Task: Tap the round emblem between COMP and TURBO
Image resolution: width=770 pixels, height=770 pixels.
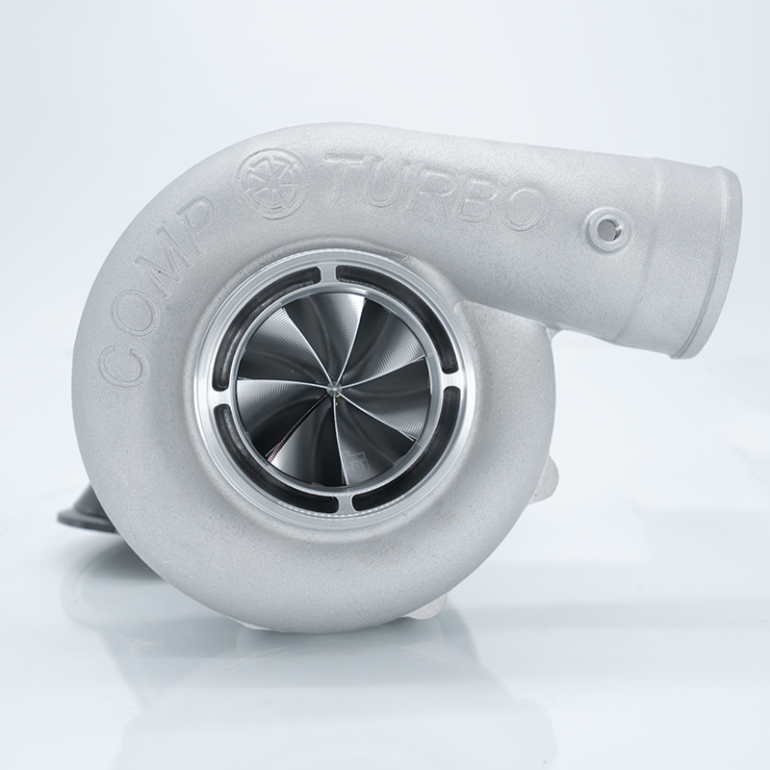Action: pyautogui.click(x=275, y=173)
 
